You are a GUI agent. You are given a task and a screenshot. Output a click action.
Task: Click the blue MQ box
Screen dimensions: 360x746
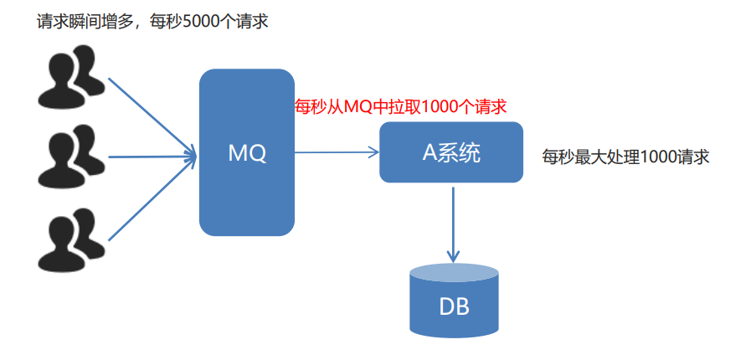[x=247, y=193]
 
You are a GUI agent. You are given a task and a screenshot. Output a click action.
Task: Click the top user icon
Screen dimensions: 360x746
[x=71, y=78]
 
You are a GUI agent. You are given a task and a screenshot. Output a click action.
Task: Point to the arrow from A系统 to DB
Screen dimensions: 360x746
[x=453, y=222]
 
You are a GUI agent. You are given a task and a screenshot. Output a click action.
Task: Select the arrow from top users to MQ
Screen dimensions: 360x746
[x=151, y=113]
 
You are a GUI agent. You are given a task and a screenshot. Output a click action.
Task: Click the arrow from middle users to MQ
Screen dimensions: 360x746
[x=151, y=155]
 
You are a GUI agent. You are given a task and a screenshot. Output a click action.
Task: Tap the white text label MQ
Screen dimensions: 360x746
[x=247, y=153]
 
